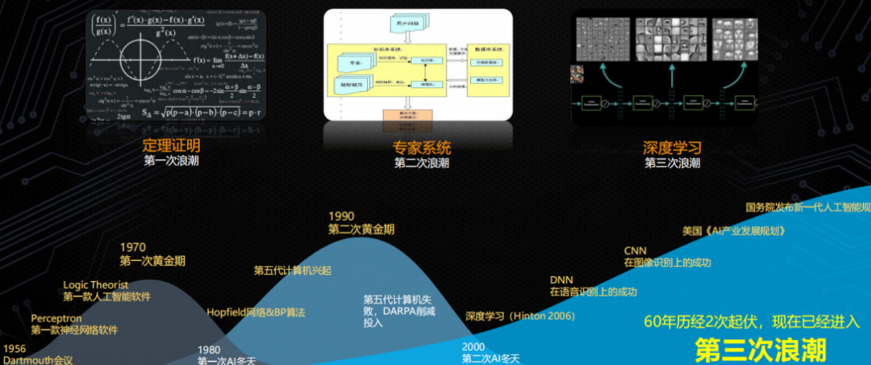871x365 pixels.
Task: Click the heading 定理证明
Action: click(x=170, y=146)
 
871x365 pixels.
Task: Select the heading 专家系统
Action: click(x=422, y=148)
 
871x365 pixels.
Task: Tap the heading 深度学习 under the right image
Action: click(x=672, y=148)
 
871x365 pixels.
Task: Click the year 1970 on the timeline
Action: click(x=133, y=247)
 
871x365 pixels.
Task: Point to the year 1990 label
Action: click(x=342, y=216)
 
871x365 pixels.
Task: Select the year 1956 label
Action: click(x=15, y=348)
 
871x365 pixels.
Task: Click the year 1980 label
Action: click(x=210, y=350)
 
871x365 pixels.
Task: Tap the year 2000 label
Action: click(x=473, y=346)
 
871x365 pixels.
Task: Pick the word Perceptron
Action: click(x=57, y=318)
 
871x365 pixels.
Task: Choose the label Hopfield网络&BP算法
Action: click(x=256, y=312)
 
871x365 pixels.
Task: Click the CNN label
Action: click(x=636, y=250)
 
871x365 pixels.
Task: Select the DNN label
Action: click(x=561, y=279)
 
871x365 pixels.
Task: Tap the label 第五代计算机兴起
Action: click(x=293, y=270)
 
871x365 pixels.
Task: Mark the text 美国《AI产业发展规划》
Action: click(x=733, y=230)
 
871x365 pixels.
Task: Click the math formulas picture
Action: click(x=175, y=65)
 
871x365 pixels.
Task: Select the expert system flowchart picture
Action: click(x=418, y=65)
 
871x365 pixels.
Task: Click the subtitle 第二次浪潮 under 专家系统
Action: click(x=422, y=162)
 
